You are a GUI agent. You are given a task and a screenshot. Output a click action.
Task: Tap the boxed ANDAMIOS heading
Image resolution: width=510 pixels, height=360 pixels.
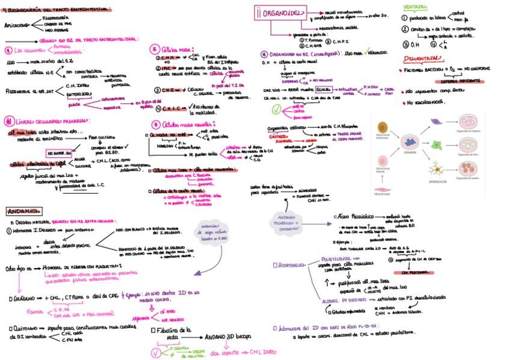(24, 211)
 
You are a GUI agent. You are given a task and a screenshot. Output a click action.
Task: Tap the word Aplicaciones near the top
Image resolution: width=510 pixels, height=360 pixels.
(17, 26)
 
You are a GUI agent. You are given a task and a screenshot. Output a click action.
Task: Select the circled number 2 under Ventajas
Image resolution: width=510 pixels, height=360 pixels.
(405, 29)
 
